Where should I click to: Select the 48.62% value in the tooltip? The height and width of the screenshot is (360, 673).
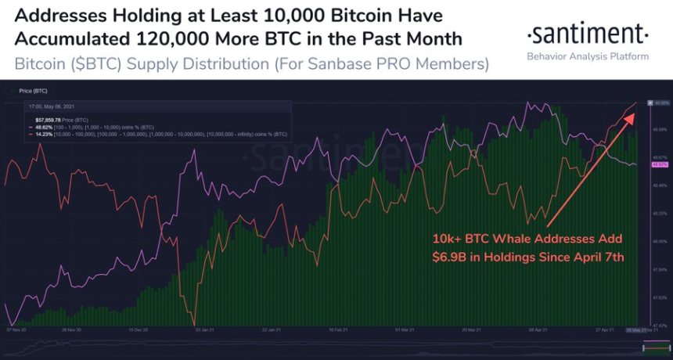point(44,126)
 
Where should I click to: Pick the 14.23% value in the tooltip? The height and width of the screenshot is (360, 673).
point(44,135)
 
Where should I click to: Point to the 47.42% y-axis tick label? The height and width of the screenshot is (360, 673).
point(658,323)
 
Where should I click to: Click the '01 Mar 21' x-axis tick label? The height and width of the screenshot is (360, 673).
point(404,329)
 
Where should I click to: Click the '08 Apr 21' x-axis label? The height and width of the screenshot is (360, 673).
point(536,329)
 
